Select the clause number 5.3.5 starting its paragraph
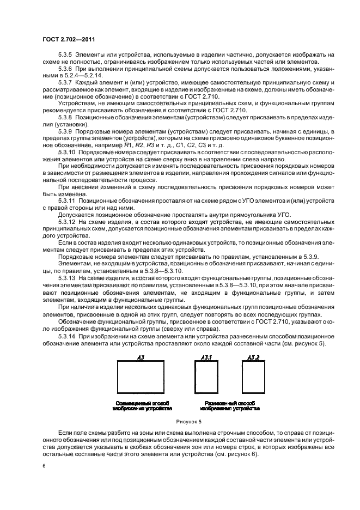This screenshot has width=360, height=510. [65, 55]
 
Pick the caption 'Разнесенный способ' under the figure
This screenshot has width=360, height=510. [229, 401]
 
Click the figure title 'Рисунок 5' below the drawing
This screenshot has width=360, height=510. [189, 422]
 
